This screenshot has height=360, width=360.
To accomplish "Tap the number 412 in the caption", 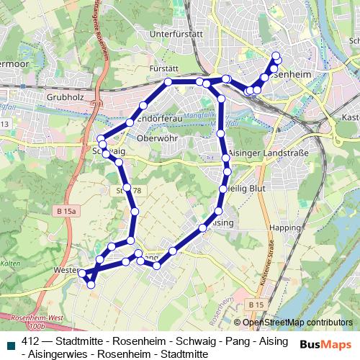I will pyautogui.click(x=31, y=341).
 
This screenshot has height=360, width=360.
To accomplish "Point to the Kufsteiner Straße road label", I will pyautogui.click(x=274, y=271).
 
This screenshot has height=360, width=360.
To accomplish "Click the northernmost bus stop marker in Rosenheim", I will pyautogui.click(x=276, y=55).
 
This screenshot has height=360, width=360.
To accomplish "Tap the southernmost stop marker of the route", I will pyautogui.click(x=91, y=285).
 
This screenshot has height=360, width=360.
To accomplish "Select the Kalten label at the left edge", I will pyautogui.click(x=10, y=264).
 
